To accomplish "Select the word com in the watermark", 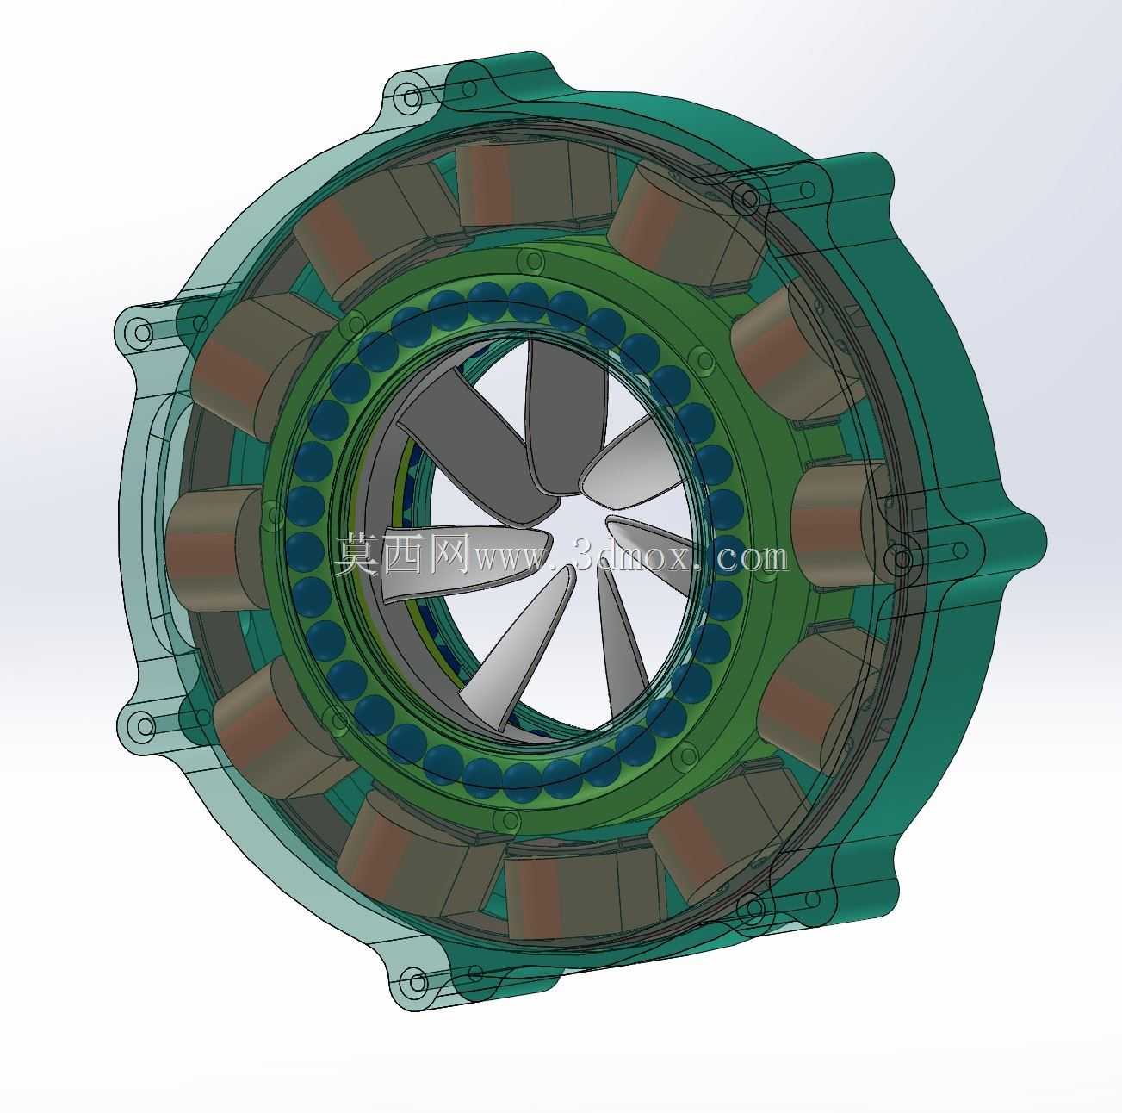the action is tap(752, 558).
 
